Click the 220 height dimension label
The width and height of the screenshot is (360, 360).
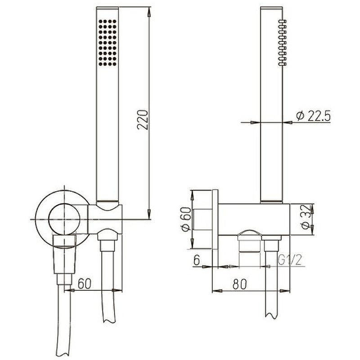[x=142, y=119]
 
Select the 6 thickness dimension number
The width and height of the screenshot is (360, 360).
[x=196, y=260]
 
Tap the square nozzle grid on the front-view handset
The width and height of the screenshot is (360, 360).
[x=108, y=43]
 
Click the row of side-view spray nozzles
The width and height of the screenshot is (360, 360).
[x=282, y=43]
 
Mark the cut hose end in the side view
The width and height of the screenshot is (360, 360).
[x=271, y=310]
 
